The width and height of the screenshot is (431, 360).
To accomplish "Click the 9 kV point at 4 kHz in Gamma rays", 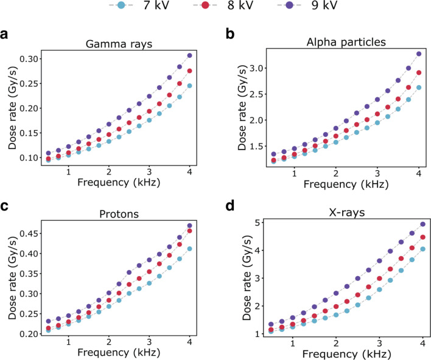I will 190,55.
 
